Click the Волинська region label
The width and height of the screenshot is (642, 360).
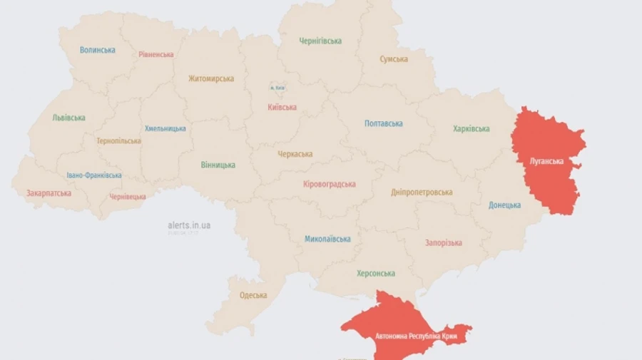[98, 50]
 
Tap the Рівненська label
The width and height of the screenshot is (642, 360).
[156, 54]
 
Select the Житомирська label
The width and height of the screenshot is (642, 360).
[211, 78]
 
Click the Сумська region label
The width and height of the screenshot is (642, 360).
[394, 59]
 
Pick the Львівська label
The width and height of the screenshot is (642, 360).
[69, 118]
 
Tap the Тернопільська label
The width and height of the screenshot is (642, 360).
[119, 140]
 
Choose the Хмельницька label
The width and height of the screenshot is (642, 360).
[165, 128]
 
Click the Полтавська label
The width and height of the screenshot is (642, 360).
[383, 123]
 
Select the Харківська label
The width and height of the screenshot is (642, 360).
[471, 129]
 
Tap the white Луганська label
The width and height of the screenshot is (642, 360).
[547, 160]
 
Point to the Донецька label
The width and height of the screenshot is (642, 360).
[504, 205]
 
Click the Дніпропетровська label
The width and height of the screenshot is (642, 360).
[422, 192]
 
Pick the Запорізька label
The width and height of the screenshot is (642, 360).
[443, 242]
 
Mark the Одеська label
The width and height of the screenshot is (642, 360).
[253, 295]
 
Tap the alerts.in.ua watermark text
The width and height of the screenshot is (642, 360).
[189, 225]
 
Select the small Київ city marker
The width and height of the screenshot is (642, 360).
[277, 88]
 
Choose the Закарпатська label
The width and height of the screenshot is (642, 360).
[49, 193]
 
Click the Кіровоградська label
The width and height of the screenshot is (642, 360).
[330, 184]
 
